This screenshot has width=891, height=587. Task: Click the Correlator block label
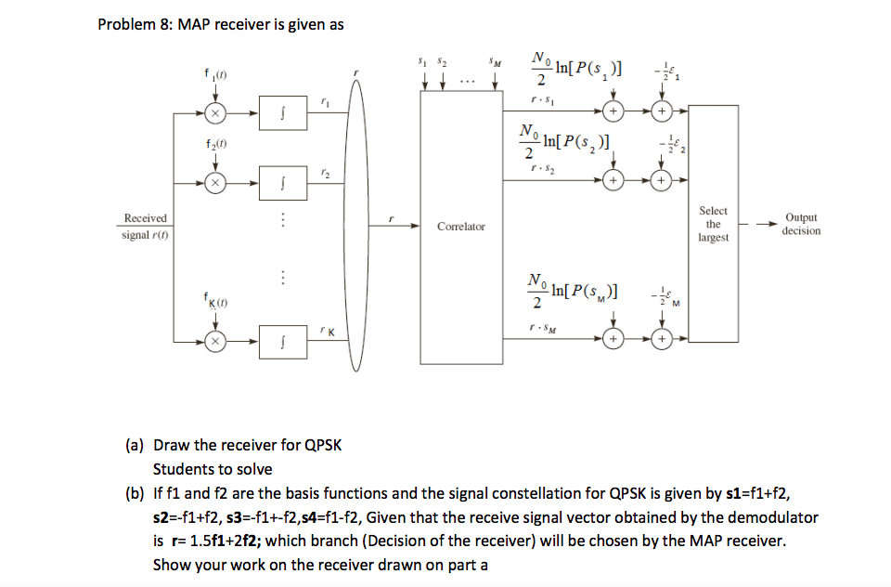[x=461, y=227]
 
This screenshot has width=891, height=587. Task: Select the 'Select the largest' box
[x=713, y=224]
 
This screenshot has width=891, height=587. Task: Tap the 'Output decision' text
[x=800, y=224]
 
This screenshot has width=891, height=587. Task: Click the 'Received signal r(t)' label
[x=145, y=226]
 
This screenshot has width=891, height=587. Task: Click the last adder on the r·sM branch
[x=660, y=339]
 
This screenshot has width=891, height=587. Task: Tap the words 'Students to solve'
[x=213, y=469]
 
